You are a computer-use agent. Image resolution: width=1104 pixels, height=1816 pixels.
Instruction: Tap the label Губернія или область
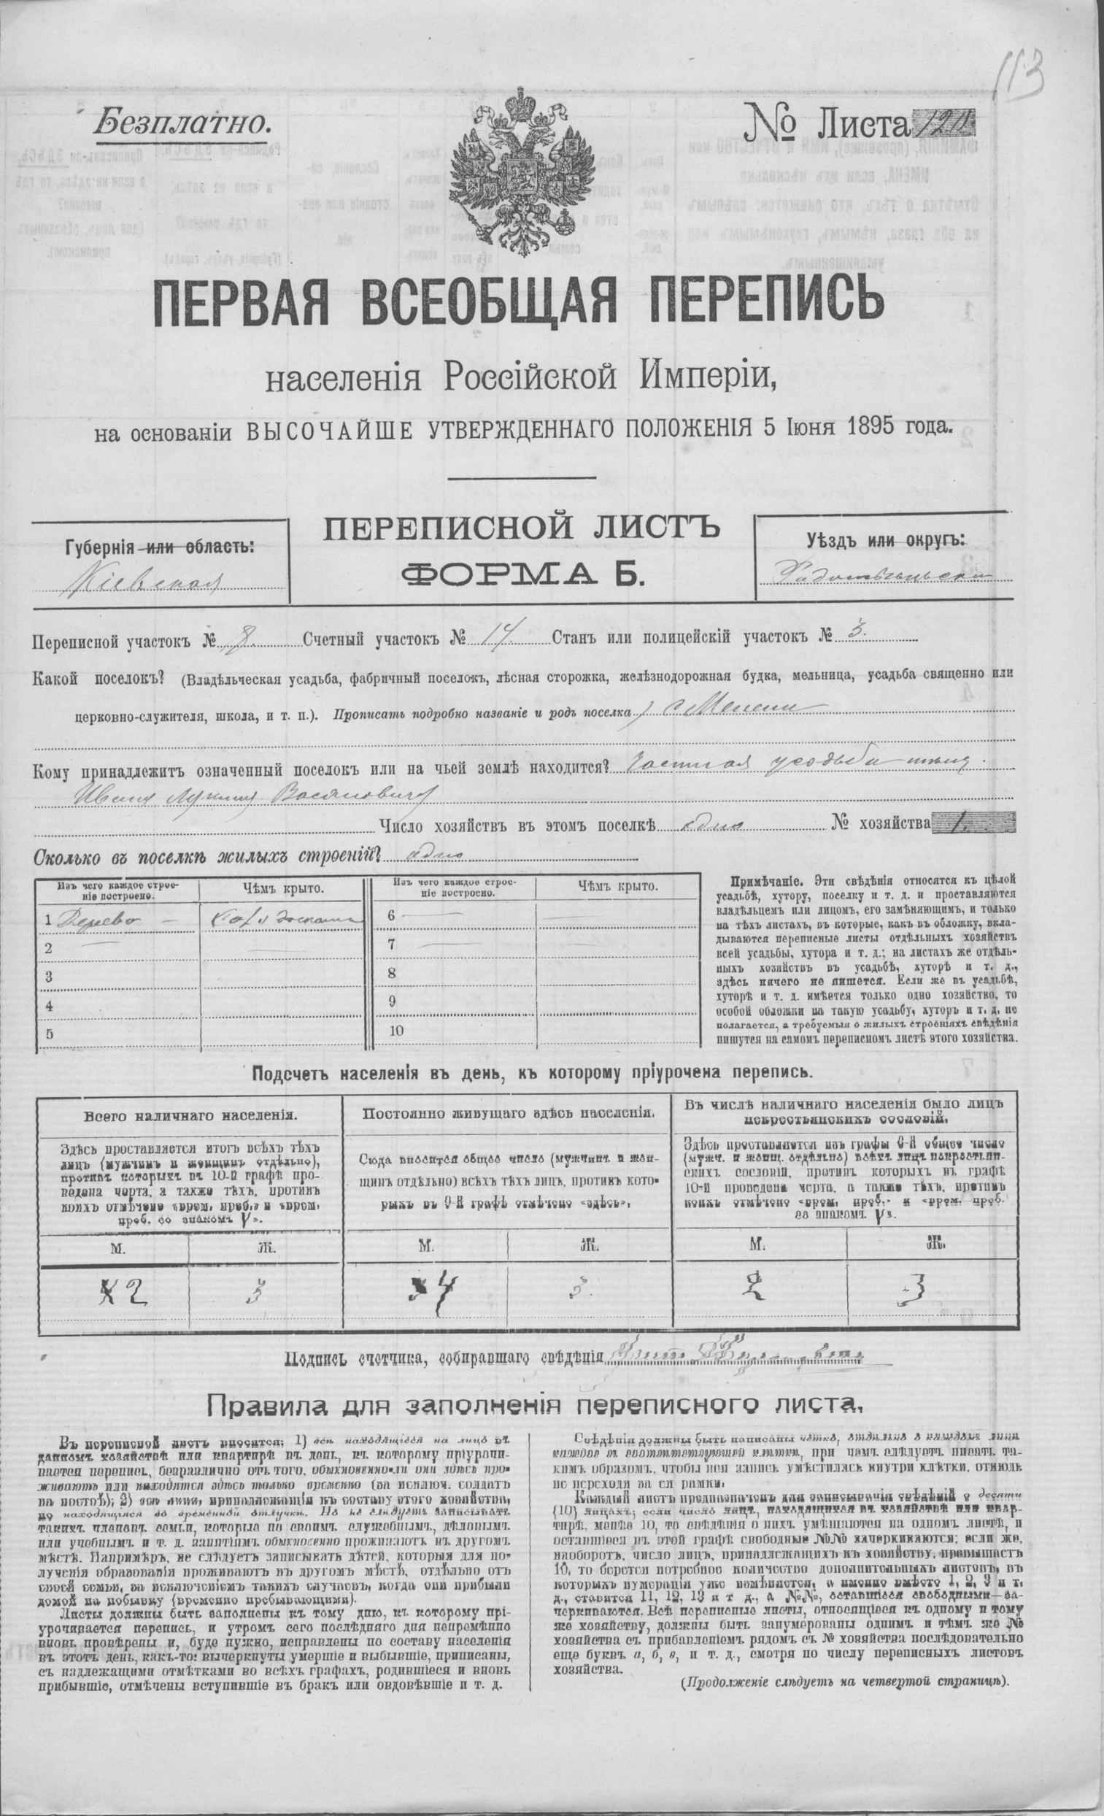(x=159, y=547)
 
